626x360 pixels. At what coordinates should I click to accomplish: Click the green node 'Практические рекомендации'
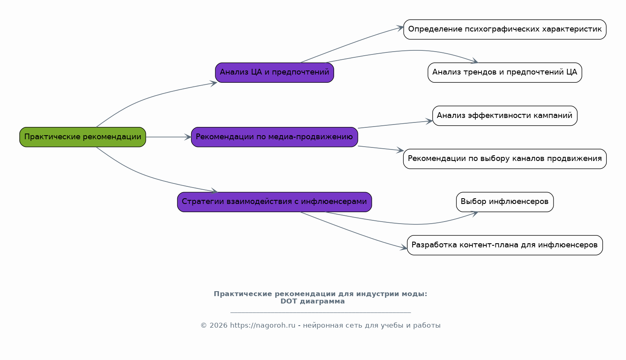pos(83,137)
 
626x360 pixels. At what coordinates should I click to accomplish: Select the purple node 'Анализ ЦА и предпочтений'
pos(274,72)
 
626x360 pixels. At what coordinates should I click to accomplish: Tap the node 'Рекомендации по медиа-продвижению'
pos(274,137)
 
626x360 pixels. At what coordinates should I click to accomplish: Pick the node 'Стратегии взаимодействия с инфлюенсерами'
pos(274,202)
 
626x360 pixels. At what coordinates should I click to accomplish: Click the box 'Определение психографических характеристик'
pos(504,29)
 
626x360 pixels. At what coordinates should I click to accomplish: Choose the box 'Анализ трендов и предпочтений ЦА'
pos(504,72)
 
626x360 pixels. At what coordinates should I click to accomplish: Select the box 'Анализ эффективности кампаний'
pos(504,115)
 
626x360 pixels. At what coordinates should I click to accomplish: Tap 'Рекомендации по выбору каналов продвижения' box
pos(504,159)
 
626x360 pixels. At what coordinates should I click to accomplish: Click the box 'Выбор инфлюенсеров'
pos(504,202)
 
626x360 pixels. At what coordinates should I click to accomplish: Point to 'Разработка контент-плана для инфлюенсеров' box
pos(504,245)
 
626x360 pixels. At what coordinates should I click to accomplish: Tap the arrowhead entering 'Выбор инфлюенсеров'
pos(475,213)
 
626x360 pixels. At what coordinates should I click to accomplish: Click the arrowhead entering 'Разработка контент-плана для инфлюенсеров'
pos(404,248)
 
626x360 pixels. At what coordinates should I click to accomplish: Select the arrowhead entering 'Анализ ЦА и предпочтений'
pos(214,83)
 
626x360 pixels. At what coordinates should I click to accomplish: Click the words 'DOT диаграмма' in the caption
pos(312,301)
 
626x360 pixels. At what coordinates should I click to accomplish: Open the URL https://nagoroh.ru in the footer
pos(262,326)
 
